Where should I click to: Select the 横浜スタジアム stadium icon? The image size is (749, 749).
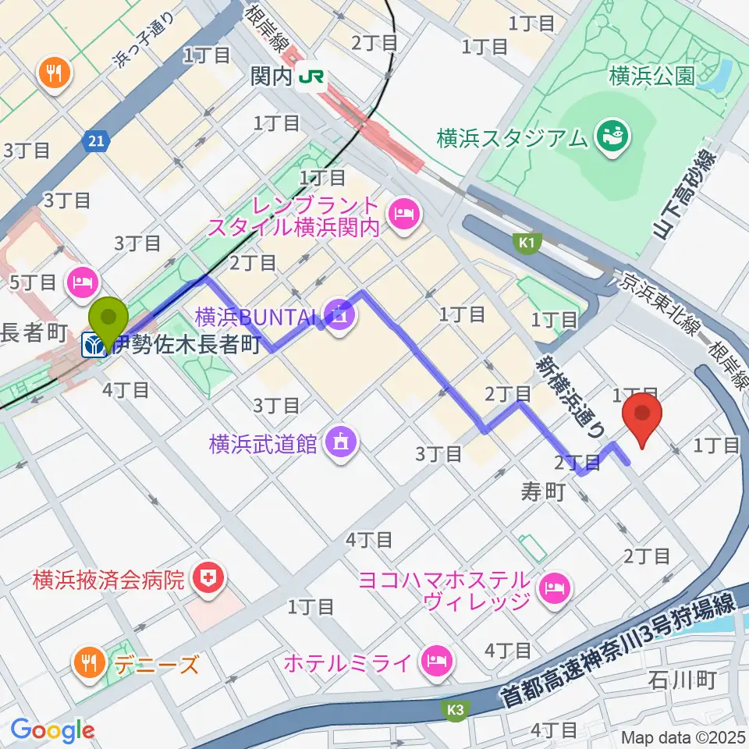pyautogui.click(x=610, y=138)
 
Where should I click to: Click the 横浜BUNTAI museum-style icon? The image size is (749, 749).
pyautogui.click(x=340, y=315)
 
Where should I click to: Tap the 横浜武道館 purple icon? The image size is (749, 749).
pyautogui.click(x=341, y=443)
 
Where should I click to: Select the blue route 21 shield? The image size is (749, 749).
pyautogui.click(x=94, y=140)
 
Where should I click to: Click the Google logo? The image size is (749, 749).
pyautogui.click(x=51, y=730)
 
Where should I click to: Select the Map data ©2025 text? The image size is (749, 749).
pyautogui.click(x=682, y=737)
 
